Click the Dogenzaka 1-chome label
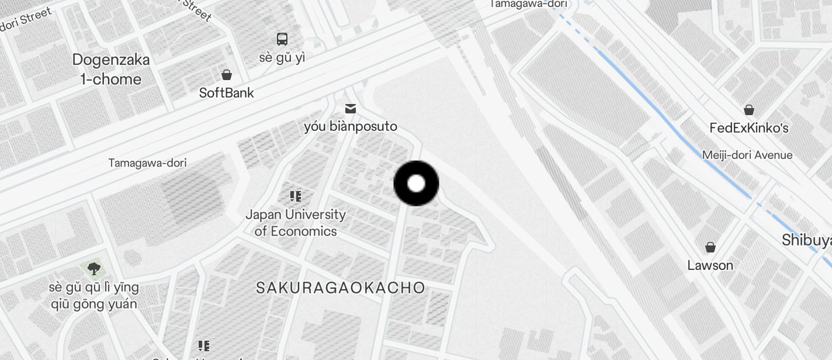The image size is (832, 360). pos(111,69)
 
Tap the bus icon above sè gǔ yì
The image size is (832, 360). pos(282,39)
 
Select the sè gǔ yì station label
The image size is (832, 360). pos(282,58)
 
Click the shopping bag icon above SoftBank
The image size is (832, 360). pos(226,75)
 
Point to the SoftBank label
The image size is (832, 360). pos(226,92)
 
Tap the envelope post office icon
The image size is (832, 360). pos(351,109)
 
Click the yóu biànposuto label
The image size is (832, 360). pos(351,126)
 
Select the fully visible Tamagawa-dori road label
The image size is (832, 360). pos(147,163)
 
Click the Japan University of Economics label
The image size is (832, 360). pos(296,223)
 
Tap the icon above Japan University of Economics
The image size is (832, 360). pos(296,196)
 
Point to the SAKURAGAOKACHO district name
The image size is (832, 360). pos(341,288)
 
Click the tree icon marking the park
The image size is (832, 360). pos(93,269)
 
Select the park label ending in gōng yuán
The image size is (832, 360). pos(94,296)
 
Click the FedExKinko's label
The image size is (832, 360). pos(748,127)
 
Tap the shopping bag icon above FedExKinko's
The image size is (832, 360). pos(748,110)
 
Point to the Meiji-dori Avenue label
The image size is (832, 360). pos(747,155)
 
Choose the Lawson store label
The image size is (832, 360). pos(710,265)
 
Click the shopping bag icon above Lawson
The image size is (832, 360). pos(710,247)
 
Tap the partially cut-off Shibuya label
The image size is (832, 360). pos(806,240)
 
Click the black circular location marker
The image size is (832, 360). pos(416,184)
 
